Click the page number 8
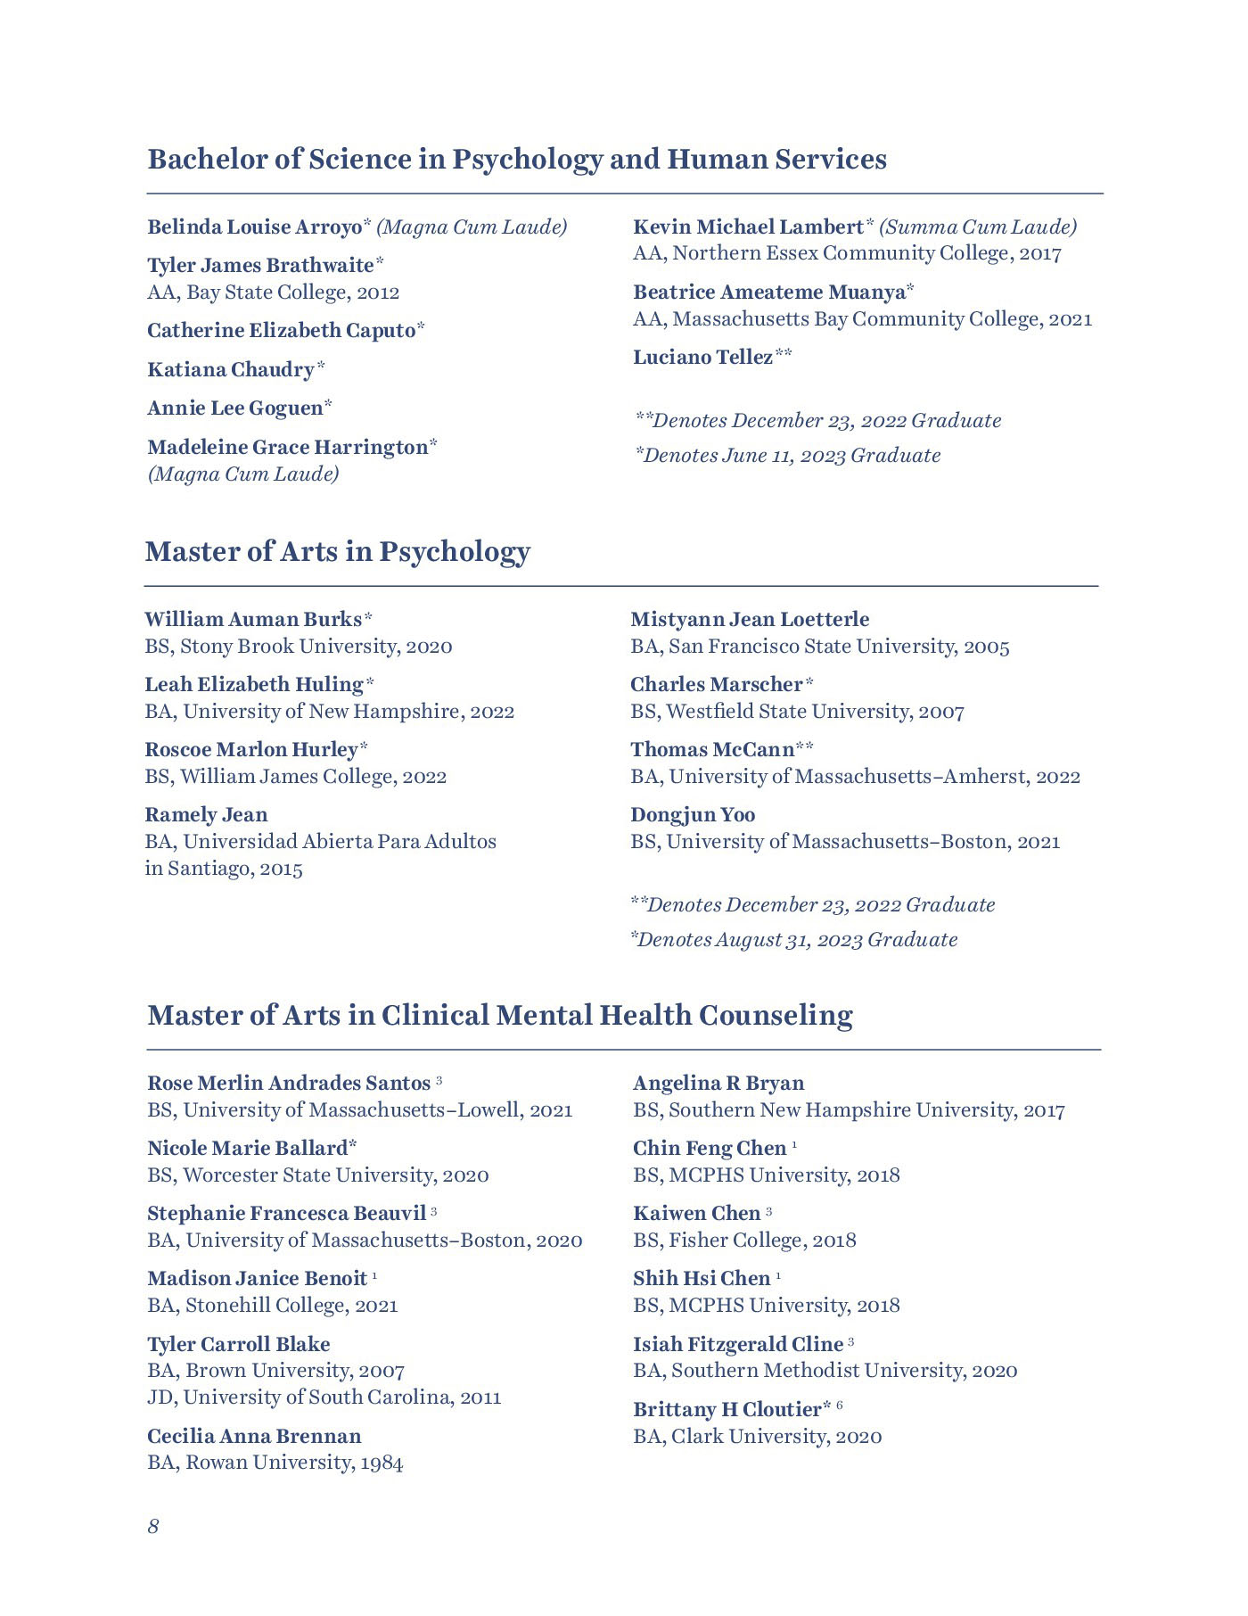pyautogui.click(x=153, y=1526)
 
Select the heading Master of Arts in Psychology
pyautogui.click(x=337, y=551)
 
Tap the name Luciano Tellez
pyautogui.click(x=702, y=358)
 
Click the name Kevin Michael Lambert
pyautogui.click(x=748, y=227)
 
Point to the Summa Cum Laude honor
pyautogui.click(x=978, y=227)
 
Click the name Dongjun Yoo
pyautogui.click(x=692, y=814)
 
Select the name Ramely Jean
pyautogui.click(x=206, y=814)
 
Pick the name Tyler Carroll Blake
pyautogui.click(x=238, y=1344)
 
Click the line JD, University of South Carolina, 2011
pyautogui.click(x=324, y=1397)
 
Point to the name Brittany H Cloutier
pyautogui.click(x=727, y=1409)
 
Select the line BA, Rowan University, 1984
pyautogui.click(x=275, y=1462)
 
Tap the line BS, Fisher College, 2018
pyautogui.click(x=744, y=1240)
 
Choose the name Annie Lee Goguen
pyautogui.click(x=234, y=408)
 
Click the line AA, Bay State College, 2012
pyautogui.click(x=273, y=292)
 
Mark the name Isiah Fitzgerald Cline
pyautogui.click(x=738, y=1344)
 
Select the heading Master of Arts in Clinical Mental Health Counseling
pyautogui.click(x=499, y=1015)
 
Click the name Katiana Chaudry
pyautogui.click(x=231, y=369)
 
